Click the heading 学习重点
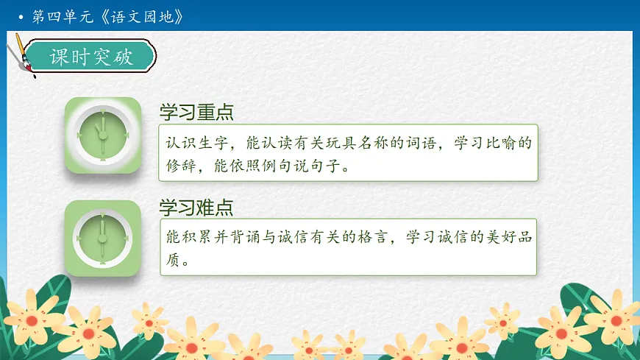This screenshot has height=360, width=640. (x=196, y=112)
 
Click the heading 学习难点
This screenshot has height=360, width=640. (x=196, y=208)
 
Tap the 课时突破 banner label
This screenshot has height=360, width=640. (x=91, y=57)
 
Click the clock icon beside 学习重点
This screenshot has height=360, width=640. (x=103, y=135)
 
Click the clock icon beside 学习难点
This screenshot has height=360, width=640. (x=103, y=238)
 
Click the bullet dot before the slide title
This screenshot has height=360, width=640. (x=21, y=16)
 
